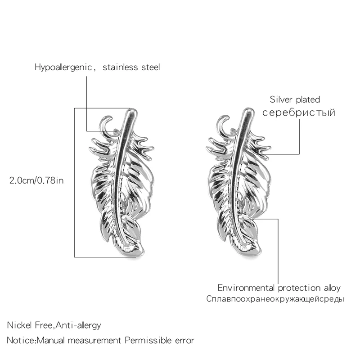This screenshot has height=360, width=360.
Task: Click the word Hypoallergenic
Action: pos(63,68)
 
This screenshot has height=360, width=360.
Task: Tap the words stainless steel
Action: pos(131,68)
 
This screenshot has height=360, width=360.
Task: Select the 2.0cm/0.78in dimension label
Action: pos(37,180)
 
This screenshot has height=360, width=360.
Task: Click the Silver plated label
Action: pos(295,100)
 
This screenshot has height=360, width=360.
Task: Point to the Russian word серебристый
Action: pos(299,112)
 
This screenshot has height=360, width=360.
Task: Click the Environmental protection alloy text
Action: pos(279,288)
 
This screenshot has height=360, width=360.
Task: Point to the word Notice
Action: pos(21,340)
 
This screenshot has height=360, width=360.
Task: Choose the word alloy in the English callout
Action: pos(331,288)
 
